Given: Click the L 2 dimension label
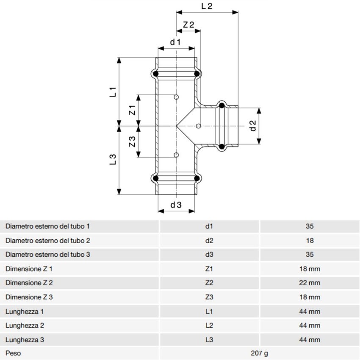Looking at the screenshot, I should (207, 6).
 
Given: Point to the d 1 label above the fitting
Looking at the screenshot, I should (175, 42).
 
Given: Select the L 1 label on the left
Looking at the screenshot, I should (113, 92).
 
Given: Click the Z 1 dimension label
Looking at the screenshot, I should (132, 111).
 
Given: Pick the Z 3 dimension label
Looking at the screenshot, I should (132, 142).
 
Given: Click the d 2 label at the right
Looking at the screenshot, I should (253, 125).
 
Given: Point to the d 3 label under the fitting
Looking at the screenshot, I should (176, 205).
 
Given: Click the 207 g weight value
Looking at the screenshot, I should (260, 353).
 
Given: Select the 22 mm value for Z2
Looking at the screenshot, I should (310, 283).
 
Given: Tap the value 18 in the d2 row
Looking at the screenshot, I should (310, 241).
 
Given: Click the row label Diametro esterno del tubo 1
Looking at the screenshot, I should (47, 226).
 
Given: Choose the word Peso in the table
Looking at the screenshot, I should (13, 353).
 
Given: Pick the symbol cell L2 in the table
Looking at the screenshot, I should (209, 326).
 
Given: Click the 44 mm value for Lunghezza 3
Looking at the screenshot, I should (310, 340).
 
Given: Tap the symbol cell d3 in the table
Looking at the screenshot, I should (209, 255).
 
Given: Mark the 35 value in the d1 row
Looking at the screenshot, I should (310, 226).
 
